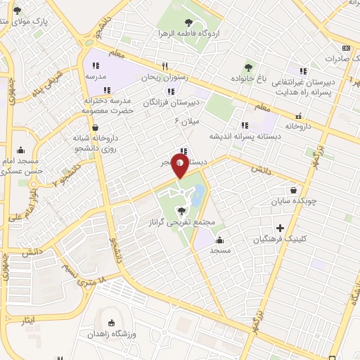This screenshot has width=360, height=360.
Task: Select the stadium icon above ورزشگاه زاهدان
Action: pyautogui.click(x=110, y=323)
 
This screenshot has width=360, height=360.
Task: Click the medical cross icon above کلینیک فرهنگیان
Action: pyautogui.click(x=281, y=228)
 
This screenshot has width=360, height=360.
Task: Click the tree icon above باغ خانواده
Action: pyautogui.click(x=249, y=67)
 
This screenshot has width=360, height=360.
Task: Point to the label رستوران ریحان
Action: pyautogui.click(x=162, y=78)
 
